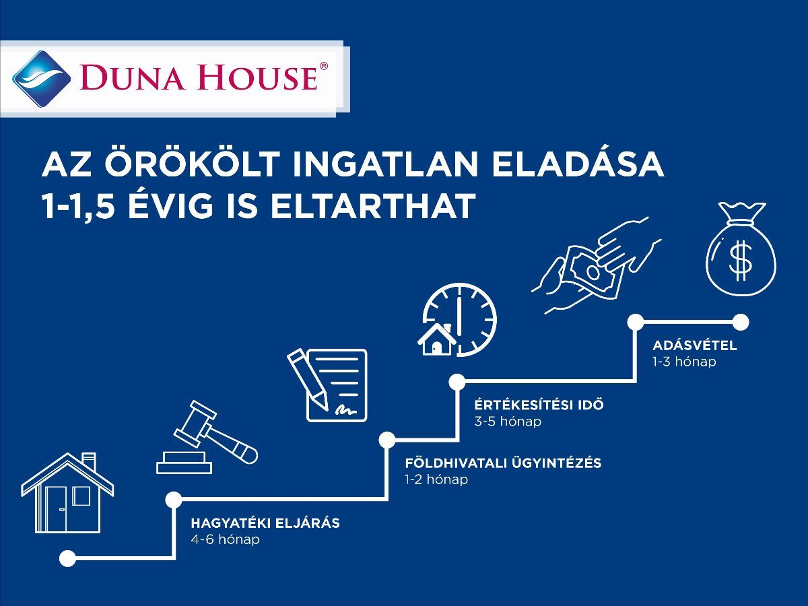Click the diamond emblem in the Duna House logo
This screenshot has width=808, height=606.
(42, 79)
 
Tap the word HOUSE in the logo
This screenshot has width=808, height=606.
(257, 78)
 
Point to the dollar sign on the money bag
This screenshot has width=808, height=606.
(741, 260)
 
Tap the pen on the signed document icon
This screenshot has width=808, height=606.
(308, 379)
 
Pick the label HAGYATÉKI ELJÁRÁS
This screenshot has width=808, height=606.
(265, 523)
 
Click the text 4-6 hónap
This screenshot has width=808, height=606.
(226, 539)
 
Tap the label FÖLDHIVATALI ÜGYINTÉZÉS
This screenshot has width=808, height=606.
(503, 463)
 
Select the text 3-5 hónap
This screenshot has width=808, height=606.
(508, 422)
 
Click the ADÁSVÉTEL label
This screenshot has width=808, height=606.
(695, 345)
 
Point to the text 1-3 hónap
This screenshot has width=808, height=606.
(685, 362)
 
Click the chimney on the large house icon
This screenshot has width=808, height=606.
(89, 463)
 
